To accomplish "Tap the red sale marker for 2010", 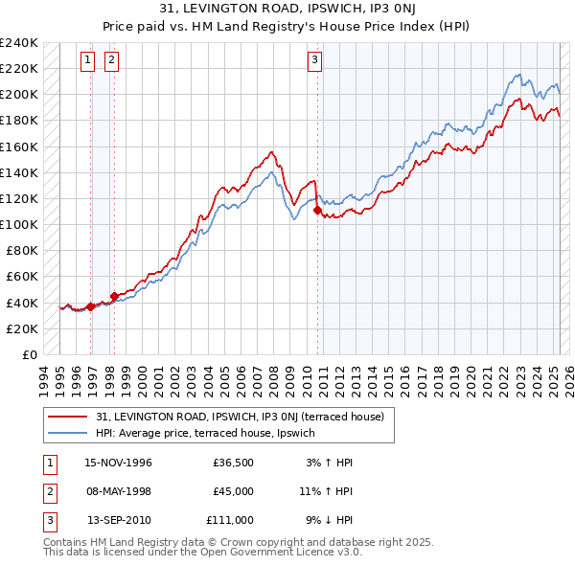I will pyautogui.click(x=317, y=210).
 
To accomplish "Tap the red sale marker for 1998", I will pyautogui.click(x=114, y=296).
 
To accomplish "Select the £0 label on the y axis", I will pyautogui.click(x=30, y=354).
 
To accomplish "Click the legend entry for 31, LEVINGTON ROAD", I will pyautogui.click(x=240, y=417).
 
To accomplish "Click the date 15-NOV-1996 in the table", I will pyautogui.click(x=119, y=463).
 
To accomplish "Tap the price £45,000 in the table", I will pyautogui.click(x=234, y=491).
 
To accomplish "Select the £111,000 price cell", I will pyautogui.click(x=230, y=520).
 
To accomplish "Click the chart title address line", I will pyautogui.click(x=287, y=11).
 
